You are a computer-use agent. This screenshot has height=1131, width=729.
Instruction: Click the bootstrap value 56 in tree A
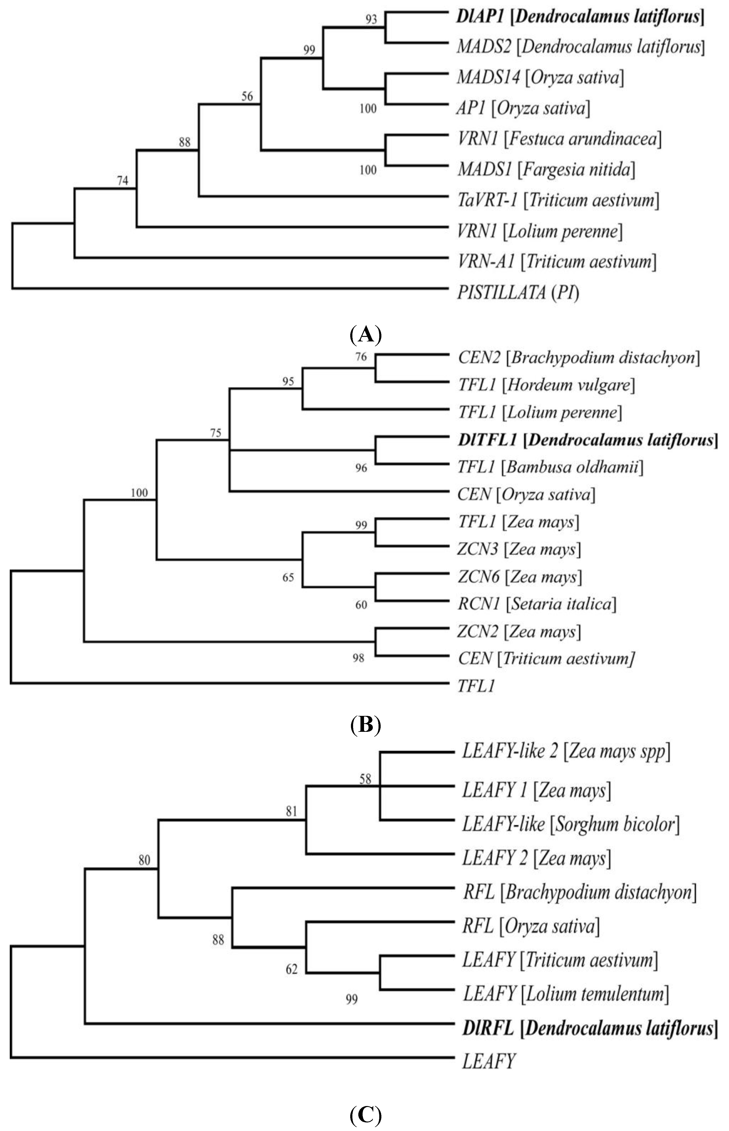(247, 97)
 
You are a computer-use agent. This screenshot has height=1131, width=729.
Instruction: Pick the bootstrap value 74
(123, 180)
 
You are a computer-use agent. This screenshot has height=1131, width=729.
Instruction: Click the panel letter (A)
(365, 335)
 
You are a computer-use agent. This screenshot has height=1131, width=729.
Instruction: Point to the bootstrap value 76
(361, 357)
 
